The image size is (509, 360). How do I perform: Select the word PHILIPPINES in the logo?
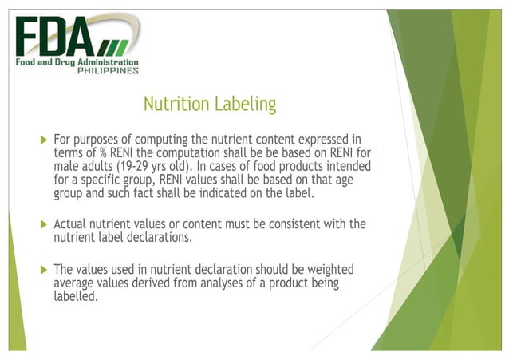pyautogui.click(x=109, y=70)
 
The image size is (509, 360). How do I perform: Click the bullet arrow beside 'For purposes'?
pyautogui.click(x=44, y=140)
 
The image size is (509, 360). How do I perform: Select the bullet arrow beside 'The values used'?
pyautogui.click(x=44, y=270)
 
